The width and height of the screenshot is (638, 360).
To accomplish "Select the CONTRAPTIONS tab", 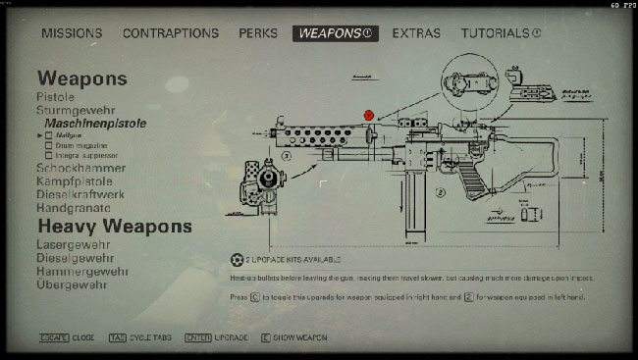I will pyautogui.click(x=171, y=33).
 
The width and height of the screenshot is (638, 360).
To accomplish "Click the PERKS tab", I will pyautogui.click(x=258, y=33).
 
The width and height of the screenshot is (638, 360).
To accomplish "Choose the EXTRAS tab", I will pyautogui.click(x=416, y=33).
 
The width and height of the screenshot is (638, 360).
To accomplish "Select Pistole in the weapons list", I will pyautogui.click(x=56, y=97).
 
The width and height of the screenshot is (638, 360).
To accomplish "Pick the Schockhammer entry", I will pyautogui.click(x=80, y=169).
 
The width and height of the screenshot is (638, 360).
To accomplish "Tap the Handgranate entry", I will pyautogui.click(x=74, y=208).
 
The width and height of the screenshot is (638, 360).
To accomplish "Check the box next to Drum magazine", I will pyautogui.click(x=47, y=145).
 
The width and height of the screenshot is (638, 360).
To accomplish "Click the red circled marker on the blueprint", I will pyautogui.click(x=369, y=115).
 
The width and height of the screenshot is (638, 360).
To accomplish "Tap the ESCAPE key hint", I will pyautogui.click(x=53, y=337).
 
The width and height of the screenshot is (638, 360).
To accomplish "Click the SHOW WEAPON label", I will pyautogui.click(x=300, y=337).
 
